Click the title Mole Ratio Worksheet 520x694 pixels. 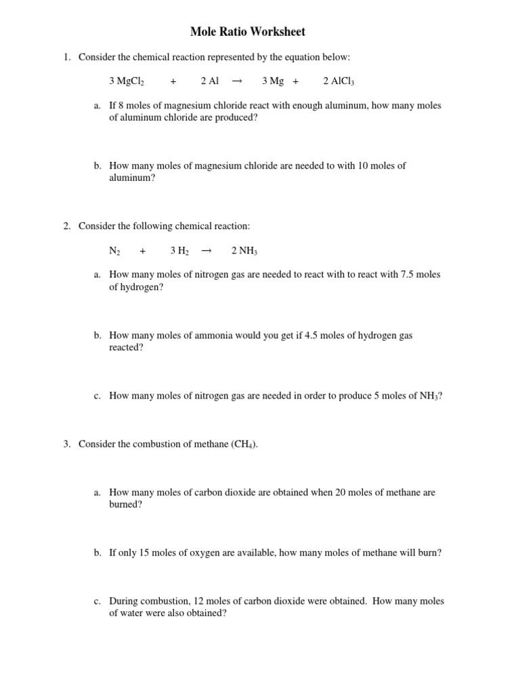click(248, 32)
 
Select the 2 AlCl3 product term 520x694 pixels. click(339, 81)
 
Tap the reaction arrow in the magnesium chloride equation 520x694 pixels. click(237, 81)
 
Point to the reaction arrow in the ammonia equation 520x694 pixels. click(207, 251)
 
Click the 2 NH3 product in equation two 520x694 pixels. click(244, 251)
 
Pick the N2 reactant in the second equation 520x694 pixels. click(114, 251)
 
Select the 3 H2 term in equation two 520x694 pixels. click(179, 251)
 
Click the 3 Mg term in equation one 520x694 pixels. click(273, 81)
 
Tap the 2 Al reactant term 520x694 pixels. click(210, 81)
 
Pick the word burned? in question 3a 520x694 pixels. click(126, 505)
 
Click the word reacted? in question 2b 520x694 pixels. click(127, 348)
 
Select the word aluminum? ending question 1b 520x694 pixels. click(132, 178)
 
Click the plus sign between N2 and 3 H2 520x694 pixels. click(143, 251)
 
